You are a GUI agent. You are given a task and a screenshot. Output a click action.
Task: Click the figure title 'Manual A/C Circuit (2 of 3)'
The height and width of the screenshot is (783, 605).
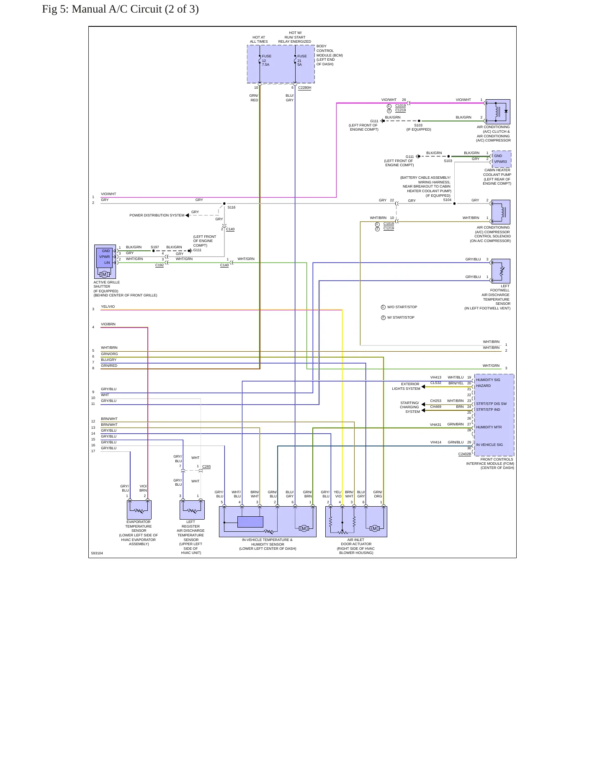pos(135,9)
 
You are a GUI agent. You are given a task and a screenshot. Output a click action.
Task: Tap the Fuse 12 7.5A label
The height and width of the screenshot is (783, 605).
pos(266,60)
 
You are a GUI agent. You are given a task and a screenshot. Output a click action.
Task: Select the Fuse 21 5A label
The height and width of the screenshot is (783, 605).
pos(302,60)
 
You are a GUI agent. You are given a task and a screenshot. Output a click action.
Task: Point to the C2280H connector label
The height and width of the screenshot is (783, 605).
pos(304,88)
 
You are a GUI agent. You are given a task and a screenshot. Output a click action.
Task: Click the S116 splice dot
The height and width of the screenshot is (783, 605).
pos(224,203)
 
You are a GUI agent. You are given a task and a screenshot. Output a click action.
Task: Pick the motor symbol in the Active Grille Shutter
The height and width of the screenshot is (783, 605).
pos(104,274)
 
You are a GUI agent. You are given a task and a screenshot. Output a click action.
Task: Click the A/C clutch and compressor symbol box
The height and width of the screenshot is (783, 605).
pos(498,111)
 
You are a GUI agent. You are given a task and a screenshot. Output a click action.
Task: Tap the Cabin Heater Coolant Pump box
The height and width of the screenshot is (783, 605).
pos(502,159)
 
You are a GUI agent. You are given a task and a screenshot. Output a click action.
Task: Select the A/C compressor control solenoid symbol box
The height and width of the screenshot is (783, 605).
pos(500,212)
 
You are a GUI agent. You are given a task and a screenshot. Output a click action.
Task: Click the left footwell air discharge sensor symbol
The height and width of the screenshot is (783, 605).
pos(500,271)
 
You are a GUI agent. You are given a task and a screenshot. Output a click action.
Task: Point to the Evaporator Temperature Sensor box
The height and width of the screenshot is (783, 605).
pos(139,510)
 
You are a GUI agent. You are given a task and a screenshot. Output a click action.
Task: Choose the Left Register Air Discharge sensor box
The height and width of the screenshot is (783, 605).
pos(192,510)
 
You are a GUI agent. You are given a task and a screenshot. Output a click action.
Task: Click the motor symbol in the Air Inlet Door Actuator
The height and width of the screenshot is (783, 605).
pos(375,528)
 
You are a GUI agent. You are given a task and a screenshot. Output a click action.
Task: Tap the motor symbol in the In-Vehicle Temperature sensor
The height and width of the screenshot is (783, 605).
pos(304,528)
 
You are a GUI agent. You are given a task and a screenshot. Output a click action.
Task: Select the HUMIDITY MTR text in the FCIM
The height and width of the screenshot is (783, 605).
pos(489,428)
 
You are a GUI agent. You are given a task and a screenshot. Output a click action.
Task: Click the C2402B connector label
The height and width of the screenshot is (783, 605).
pos(464,454)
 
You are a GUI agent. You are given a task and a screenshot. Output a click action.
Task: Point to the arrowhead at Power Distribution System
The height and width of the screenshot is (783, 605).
pos(187,215)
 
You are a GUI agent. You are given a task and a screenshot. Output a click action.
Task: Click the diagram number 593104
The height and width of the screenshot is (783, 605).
pos(97,553)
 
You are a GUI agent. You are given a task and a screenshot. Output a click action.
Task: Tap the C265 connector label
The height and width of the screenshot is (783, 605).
pos(206,466)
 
